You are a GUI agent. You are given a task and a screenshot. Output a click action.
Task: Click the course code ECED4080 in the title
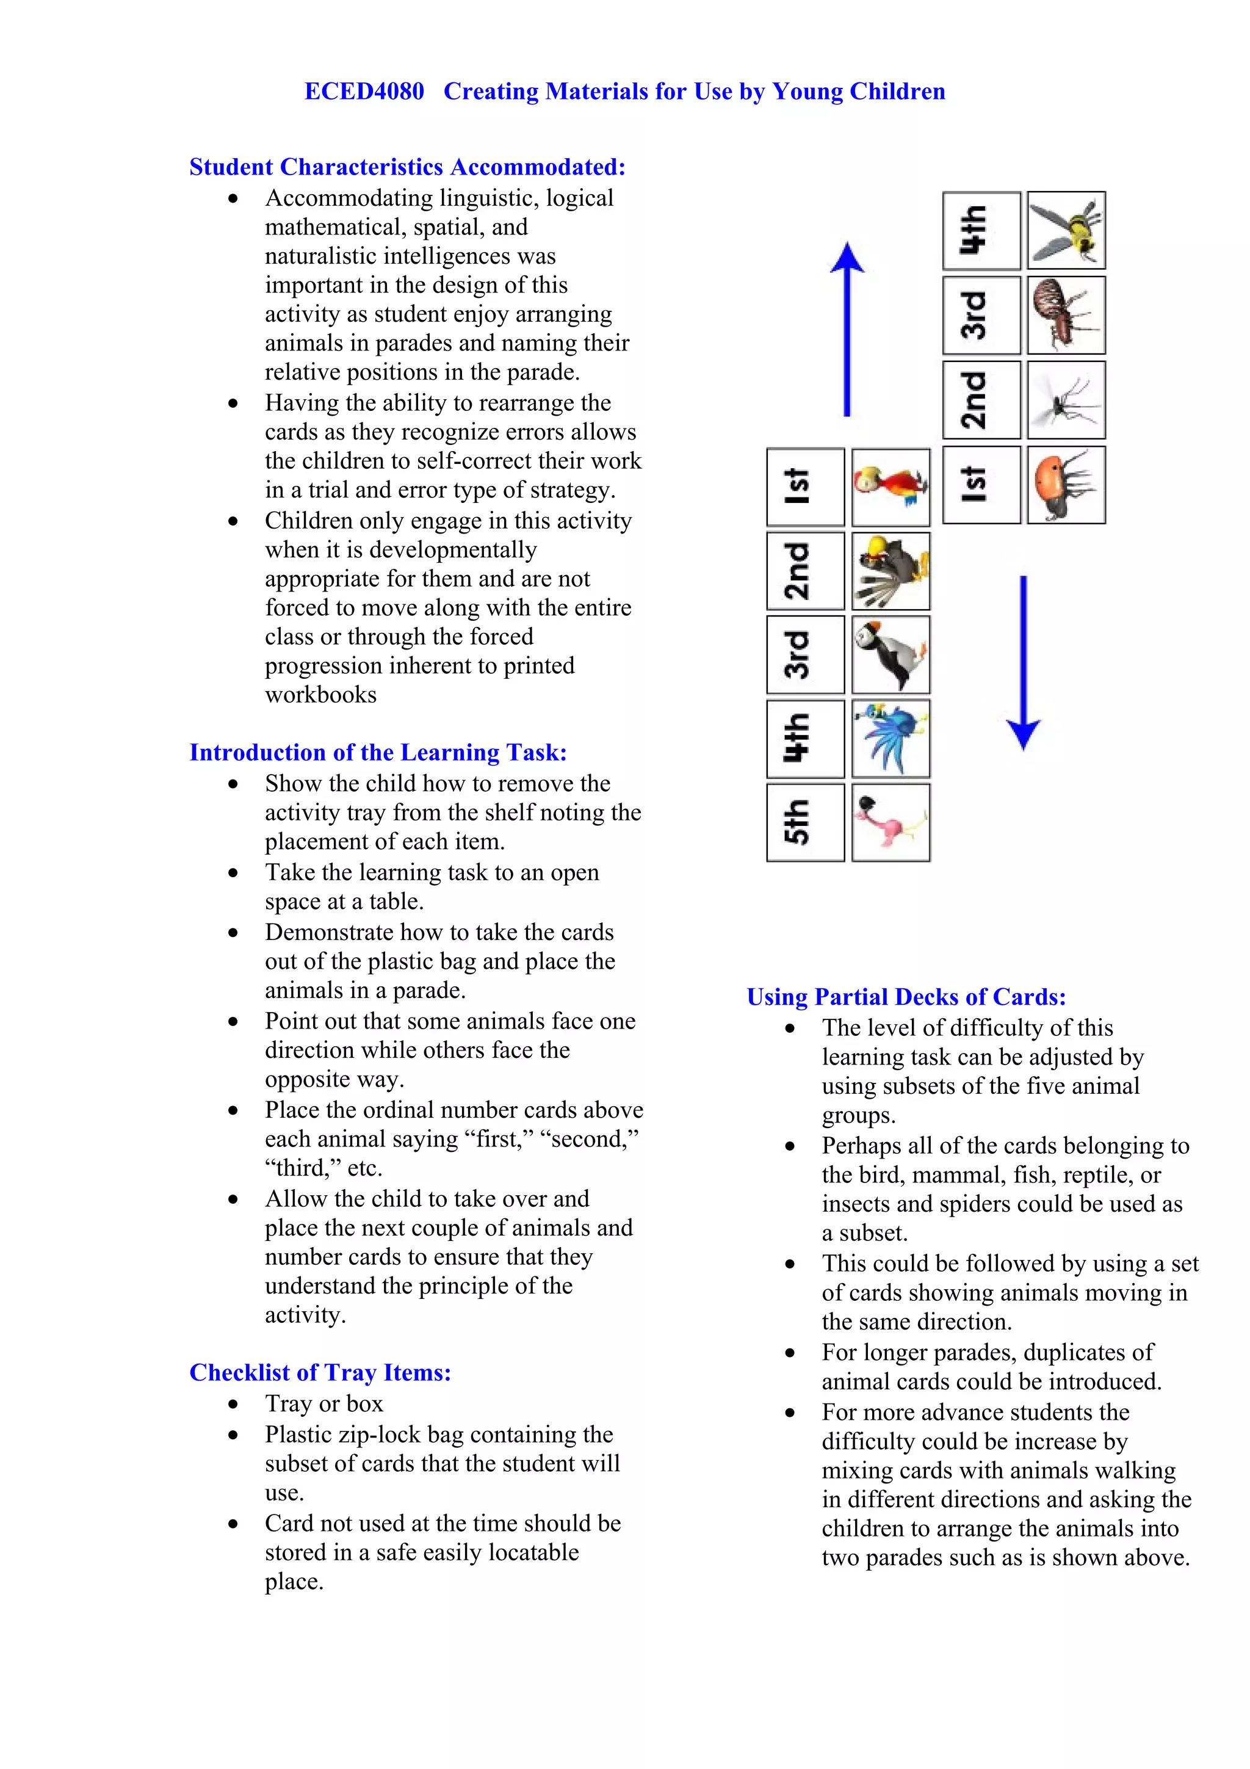(x=364, y=92)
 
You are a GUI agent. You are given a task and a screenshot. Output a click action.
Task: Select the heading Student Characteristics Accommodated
(x=408, y=167)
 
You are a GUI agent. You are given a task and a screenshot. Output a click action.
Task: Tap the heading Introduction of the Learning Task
(x=378, y=752)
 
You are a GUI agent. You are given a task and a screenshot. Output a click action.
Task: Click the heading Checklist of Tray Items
(x=320, y=1372)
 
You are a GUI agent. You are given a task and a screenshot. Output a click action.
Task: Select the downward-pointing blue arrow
(x=1024, y=662)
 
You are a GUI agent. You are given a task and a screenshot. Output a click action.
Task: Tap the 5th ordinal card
(x=805, y=822)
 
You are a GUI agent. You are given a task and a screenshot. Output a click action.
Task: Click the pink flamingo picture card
(x=891, y=822)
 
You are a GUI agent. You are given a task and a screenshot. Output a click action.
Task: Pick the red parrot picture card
(x=891, y=487)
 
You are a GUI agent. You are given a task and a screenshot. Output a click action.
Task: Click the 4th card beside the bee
(x=981, y=230)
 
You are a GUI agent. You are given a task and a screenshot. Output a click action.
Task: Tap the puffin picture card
(x=891, y=654)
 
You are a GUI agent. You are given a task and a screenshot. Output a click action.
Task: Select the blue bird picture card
(x=891, y=738)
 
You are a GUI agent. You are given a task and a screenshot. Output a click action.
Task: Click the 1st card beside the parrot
(x=805, y=487)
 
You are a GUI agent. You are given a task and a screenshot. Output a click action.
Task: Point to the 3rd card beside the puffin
(x=805, y=654)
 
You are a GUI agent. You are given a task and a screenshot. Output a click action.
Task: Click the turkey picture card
(x=891, y=571)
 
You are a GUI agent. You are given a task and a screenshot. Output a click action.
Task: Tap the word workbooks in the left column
(x=320, y=695)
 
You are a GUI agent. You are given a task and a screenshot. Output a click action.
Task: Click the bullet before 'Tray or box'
(x=233, y=1405)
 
